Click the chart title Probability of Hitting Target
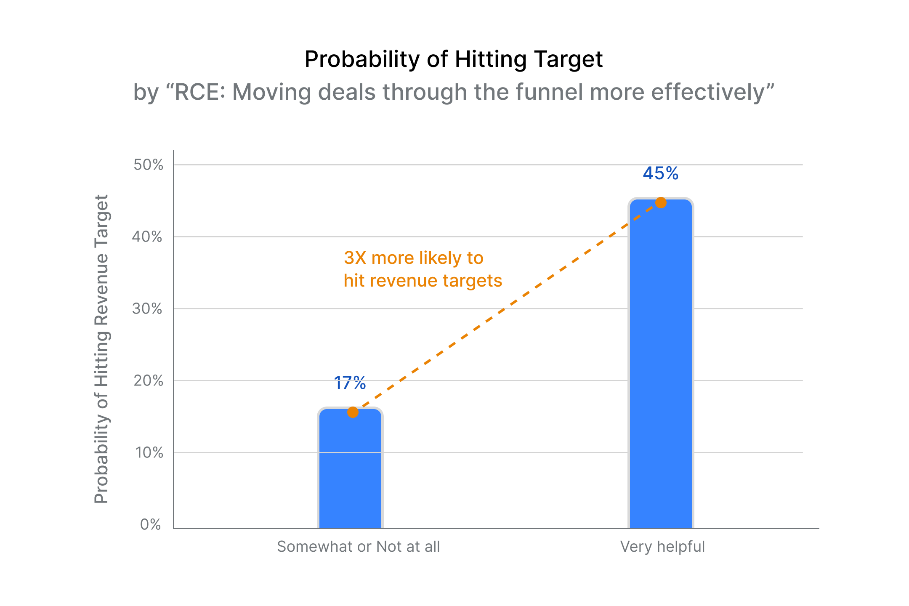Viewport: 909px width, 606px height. click(x=454, y=59)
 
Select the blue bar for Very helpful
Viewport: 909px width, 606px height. click(x=661, y=366)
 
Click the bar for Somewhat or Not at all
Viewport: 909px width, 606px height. click(x=350, y=471)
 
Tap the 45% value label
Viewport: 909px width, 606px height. click(x=660, y=173)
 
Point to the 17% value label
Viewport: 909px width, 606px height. click(x=350, y=383)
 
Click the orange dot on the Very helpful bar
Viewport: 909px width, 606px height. click(x=661, y=203)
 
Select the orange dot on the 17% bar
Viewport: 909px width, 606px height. click(x=353, y=412)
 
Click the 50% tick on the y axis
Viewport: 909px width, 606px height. click(x=148, y=165)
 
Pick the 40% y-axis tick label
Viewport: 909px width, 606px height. click(x=147, y=237)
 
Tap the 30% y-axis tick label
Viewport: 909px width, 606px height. click(x=147, y=309)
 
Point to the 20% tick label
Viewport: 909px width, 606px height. click(x=148, y=381)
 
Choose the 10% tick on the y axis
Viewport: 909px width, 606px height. click(x=149, y=453)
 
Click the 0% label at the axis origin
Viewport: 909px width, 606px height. click(x=151, y=525)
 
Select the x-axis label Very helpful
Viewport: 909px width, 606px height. click(x=662, y=547)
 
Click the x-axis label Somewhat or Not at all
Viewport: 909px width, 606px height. click(x=358, y=547)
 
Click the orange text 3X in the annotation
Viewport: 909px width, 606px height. click(x=355, y=258)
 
